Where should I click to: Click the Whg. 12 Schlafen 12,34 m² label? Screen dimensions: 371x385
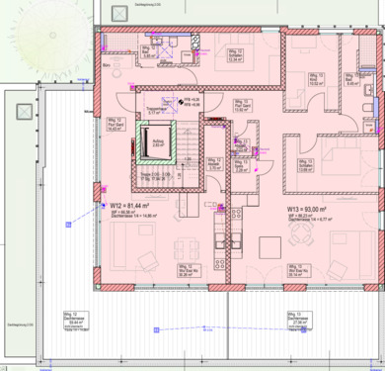[x=236, y=56]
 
